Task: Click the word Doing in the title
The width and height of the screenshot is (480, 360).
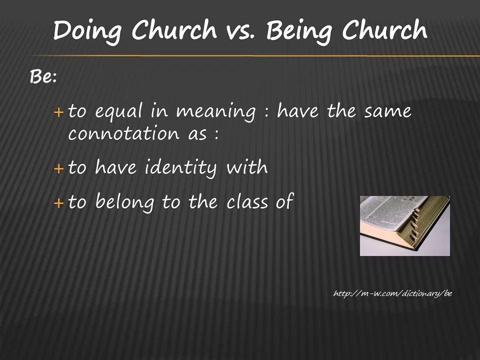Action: [88, 31]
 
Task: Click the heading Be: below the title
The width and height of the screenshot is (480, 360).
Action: [43, 76]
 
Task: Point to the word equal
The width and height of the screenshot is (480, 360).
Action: [119, 111]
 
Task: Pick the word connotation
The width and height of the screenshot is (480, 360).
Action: [123, 133]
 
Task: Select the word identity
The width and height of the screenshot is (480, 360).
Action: [180, 168]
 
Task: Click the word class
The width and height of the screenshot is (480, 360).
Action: [247, 202]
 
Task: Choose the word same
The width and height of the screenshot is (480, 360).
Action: [388, 111]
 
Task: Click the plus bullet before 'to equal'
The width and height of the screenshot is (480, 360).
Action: [59, 112]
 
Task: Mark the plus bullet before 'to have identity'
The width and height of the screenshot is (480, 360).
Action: [59, 168]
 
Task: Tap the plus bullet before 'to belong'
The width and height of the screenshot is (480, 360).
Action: [59, 203]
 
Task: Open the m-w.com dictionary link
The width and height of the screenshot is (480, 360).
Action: [393, 293]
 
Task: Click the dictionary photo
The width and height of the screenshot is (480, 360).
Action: [404, 226]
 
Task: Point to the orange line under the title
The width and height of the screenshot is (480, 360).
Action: [254, 55]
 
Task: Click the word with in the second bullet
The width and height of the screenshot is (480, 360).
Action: [247, 167]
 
